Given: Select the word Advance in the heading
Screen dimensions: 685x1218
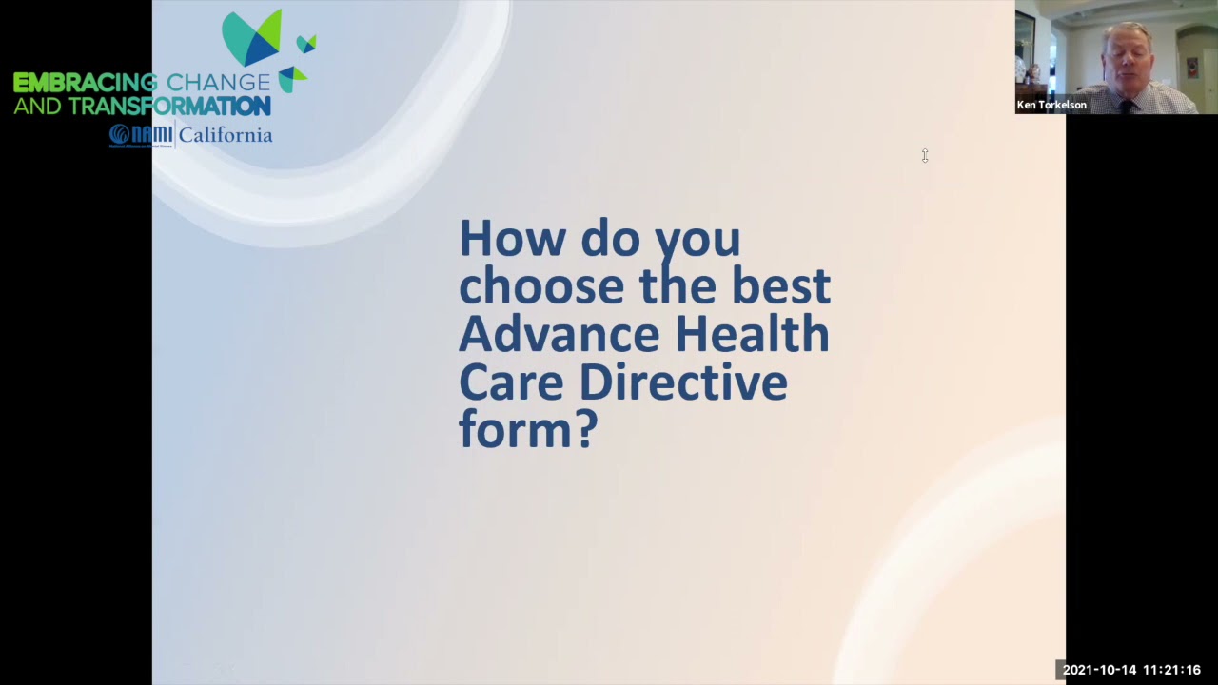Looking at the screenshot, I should [x=559, y=334].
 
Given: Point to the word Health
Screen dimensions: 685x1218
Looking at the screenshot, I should [x=752, y=334].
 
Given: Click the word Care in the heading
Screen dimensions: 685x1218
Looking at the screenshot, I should [x=511, y=382].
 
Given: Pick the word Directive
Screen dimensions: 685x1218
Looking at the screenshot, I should [x=682, y=382].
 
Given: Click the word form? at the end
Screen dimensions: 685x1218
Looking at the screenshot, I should [x=528, y=430].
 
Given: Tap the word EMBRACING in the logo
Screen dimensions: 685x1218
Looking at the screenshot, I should [x=86, y=84].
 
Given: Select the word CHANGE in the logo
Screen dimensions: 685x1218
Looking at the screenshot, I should [x=218, y=84].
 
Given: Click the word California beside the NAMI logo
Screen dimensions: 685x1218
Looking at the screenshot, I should [x=226, y=135].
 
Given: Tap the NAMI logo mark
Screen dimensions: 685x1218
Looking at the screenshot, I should [x=140, y=135].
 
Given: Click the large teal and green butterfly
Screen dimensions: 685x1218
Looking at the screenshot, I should [x=252, y=38].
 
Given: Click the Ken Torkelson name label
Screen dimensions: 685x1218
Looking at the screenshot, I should [x=1051, y=106].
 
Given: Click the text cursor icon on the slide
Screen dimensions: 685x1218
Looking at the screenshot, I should [x=924, y=155].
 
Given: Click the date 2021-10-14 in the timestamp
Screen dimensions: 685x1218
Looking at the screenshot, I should [x=1099, y=671].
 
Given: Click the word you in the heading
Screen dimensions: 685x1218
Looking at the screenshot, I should [x=697, y=238].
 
